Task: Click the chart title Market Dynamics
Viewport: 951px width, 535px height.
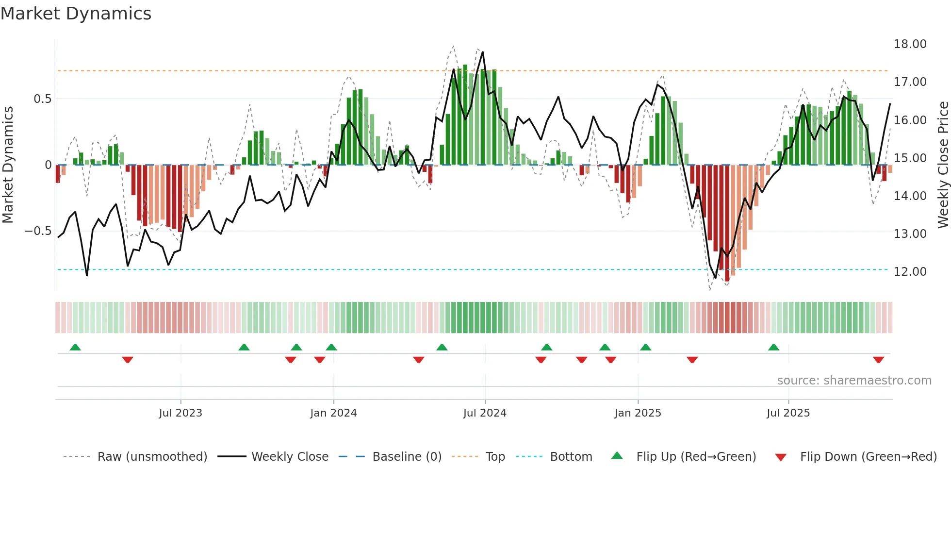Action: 76,14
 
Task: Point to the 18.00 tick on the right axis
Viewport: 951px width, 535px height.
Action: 910,44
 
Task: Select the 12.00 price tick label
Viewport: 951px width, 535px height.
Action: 910,272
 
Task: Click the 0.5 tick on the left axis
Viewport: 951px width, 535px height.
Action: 42,99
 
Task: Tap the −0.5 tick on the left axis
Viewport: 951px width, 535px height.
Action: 38,231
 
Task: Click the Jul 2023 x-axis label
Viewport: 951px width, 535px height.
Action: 180,413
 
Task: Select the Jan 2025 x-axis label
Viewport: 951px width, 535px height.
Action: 638,413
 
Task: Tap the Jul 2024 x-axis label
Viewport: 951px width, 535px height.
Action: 485,413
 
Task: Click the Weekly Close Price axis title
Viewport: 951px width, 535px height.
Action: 943,165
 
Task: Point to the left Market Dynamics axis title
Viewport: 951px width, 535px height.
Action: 8,165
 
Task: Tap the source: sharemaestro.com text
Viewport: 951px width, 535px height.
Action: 854,381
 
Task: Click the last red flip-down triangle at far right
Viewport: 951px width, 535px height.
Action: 878,360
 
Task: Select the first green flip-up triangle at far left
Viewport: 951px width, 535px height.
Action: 75,347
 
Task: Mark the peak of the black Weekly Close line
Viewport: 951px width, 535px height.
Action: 482,52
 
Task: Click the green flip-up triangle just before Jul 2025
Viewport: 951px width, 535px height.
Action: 773,347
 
